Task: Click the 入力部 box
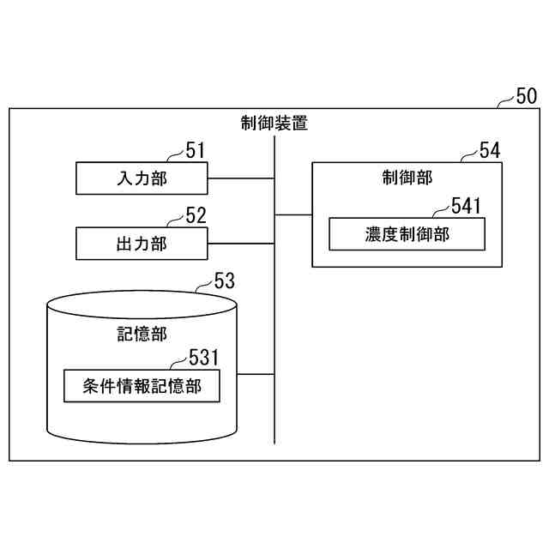pos(142,178)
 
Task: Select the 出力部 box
pos(142,244)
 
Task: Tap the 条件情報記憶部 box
pos(142,386)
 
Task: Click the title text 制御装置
pos(274,123)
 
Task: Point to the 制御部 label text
pos(407,178)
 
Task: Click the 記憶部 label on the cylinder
pos(142,334)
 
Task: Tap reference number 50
pos(525,95)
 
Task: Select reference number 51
pos(196,152)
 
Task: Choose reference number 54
pos(489,151)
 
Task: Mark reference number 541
pos(467,205)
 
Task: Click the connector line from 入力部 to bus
pos(241,178)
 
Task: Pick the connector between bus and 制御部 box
pos(293,214)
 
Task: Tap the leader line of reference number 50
pos(505,102)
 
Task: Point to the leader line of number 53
pos(203,287)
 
